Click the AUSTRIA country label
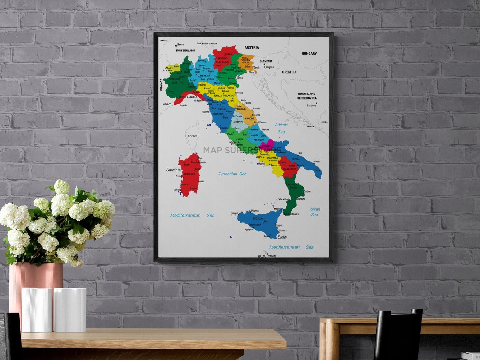[251, 47]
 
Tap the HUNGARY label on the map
[309, 54]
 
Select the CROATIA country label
[289, 72]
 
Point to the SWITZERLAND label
[185, 51]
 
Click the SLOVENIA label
[266, 61]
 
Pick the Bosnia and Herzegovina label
[306, 96]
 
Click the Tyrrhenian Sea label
[232, 174]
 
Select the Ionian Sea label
[314, 212]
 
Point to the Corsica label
[193, 136]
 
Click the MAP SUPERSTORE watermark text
[242, 150]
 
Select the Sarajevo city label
[311, 106]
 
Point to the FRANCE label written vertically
[161, 85]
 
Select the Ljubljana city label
[269, 67]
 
